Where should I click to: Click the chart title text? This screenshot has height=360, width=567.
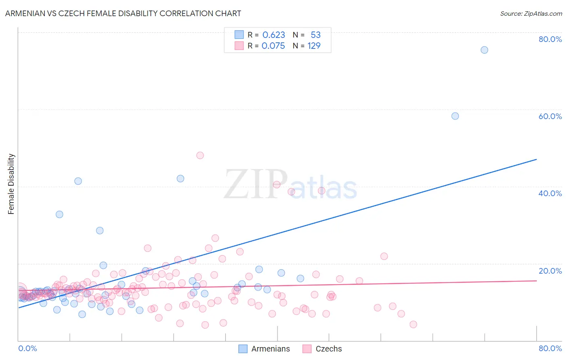(123, 13)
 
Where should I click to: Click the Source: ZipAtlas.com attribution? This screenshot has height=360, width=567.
(531, 13)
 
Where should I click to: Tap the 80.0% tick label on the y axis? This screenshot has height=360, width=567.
(550, 39)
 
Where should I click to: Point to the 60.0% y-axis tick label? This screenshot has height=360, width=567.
(550, 116)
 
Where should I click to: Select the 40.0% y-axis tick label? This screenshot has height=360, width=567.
(550, 193)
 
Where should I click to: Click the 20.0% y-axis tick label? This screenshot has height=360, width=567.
(550, 271)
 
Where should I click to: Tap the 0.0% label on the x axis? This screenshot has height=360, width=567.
(27, 348)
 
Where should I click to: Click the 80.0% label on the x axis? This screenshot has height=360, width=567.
(550, 348)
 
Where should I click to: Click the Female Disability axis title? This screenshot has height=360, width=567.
(11, 184)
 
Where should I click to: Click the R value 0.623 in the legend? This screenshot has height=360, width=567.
(273, 35)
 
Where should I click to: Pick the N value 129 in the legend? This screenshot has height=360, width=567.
(314, 46)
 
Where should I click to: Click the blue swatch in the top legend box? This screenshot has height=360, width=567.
(239, 35)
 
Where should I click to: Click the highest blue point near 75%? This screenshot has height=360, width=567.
(484, 50)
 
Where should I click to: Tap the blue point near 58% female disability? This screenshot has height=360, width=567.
(455, 116)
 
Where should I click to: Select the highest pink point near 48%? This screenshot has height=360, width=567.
(200, 155)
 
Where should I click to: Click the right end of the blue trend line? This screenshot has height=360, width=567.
(536, 159)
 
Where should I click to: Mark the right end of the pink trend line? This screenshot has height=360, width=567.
(536, 280)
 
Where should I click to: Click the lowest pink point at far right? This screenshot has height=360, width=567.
(413, 324)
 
